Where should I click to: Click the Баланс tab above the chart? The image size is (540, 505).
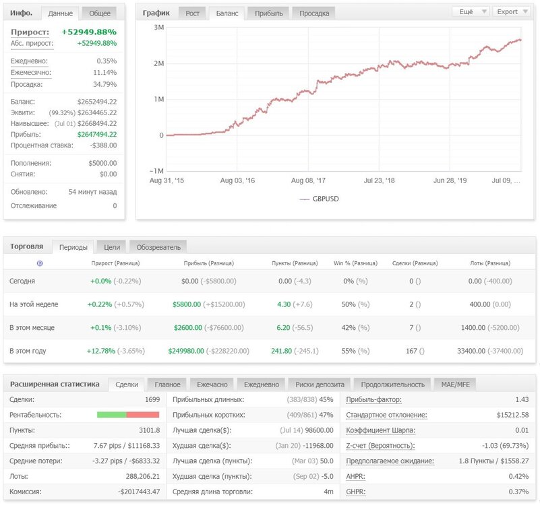pos(227,13)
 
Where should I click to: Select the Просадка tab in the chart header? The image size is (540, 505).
pos(314,13)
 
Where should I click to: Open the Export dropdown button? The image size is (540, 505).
pos(512,11)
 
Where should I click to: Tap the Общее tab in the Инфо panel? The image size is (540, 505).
pos(100,13)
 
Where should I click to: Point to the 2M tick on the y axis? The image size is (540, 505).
pos(158,63)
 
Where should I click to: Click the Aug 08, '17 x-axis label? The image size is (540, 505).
pos(308,180)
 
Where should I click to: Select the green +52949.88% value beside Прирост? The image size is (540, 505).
pos(89,32)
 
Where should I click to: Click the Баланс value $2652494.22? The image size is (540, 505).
pos(97,102)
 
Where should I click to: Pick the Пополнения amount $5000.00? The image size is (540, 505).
pos(102,163)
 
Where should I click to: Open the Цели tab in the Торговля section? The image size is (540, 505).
pos(112,247)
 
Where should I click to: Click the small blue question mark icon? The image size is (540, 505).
pos(40,263)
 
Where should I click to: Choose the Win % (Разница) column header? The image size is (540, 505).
pos(355,263)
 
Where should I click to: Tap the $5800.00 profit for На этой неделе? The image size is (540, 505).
pos(187,304)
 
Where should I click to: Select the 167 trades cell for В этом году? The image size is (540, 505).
pos(411,351)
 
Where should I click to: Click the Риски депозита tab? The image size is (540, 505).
pos(320,384)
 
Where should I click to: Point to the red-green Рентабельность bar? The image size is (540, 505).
pos(128,415)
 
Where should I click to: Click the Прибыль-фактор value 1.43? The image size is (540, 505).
pos(522,400)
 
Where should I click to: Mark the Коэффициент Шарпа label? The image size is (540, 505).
pos(380,430)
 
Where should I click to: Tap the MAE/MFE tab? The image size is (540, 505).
pos(455,384)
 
